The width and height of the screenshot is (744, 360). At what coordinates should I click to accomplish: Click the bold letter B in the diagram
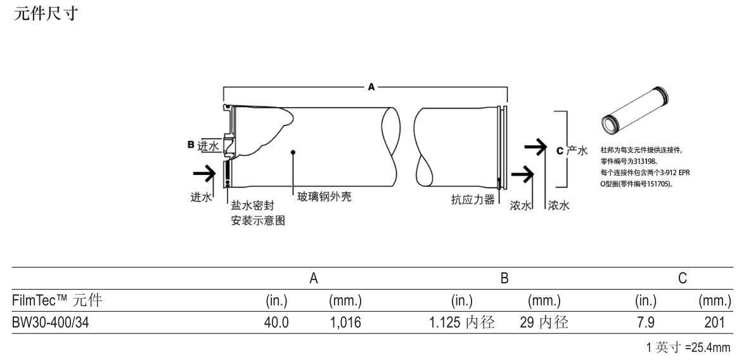coord(189,146)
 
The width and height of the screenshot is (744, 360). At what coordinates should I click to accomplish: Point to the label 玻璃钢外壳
coord(324,197)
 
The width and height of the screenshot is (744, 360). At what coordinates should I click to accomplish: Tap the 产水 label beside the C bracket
coord(577,150)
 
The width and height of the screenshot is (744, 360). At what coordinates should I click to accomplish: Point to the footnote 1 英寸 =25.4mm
coord(693,347)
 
